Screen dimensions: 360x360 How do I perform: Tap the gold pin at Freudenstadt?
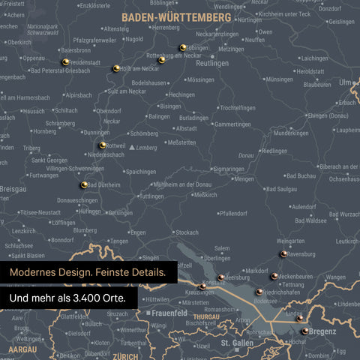(66, 61)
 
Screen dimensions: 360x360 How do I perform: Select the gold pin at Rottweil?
(103, 145)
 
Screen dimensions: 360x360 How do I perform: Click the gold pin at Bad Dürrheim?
(84, 184)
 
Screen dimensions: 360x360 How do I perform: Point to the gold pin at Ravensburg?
(283, 254)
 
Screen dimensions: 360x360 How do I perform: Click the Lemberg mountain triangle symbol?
(133, 148)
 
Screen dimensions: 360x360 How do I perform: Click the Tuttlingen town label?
(151, 196)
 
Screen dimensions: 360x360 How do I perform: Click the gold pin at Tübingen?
(182, 48)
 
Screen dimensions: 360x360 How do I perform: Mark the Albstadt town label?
(187, 128)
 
